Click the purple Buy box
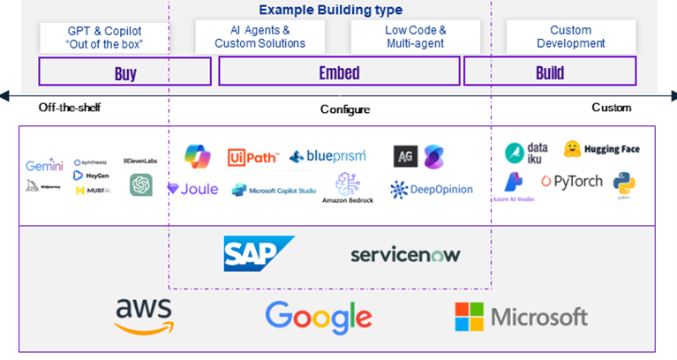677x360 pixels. point(125,72)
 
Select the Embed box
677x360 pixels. point(339,72)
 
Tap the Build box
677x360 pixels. point(549,72)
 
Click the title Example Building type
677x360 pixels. point(331,10)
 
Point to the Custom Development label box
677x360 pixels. point(570,36)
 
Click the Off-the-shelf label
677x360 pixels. point(65,108)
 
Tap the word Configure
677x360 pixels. point(344,109)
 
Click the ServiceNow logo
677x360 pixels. point(405,255)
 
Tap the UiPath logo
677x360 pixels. point(253,157)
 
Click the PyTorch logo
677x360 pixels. point(572,182)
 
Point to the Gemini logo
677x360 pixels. point(44,166)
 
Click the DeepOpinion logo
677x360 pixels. point(432,190)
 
